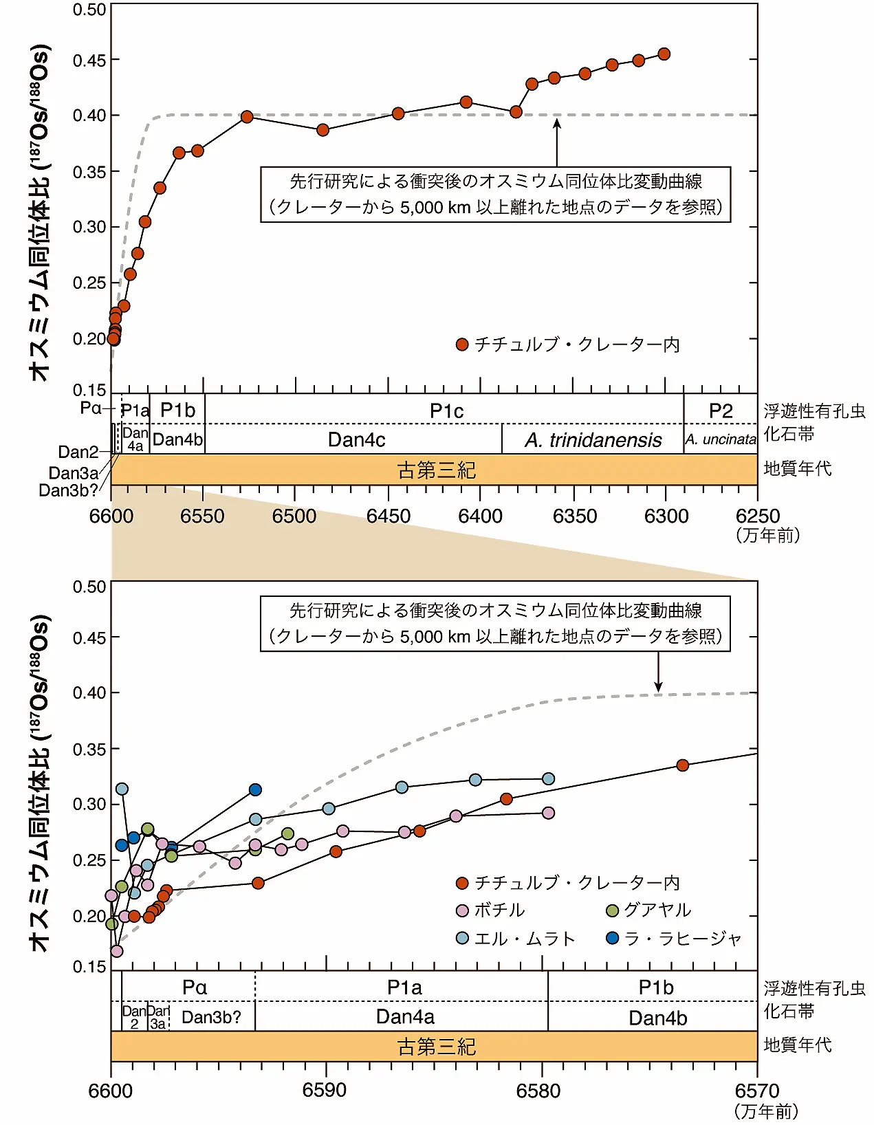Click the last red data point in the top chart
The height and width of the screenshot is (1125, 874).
coord(664,54)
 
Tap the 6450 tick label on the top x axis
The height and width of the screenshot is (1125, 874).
coord(389,516)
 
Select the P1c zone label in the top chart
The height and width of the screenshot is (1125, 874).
coord(446,411)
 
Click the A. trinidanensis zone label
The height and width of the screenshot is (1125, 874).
coord(593,440)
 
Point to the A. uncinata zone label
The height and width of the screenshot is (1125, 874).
coord(721,440)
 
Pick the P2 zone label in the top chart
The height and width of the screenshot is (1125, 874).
coord(721,411)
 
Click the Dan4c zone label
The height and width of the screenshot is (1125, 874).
coord(356,440)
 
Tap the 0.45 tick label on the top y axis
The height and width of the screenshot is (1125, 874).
coord(90,61)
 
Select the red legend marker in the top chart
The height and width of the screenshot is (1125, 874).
coord(462,345)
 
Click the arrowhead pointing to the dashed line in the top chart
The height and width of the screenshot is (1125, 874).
coord(557,122)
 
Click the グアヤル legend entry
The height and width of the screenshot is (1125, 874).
coord(648,910)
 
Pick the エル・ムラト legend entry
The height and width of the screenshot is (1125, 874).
coord(516,939)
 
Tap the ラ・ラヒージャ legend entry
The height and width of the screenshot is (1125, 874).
coord(674,939)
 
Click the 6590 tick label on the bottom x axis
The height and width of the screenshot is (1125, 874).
coord(325,1091)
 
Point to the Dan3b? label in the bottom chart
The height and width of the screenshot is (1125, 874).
coord(212,1018)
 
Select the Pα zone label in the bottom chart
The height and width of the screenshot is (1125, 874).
coord(195,987)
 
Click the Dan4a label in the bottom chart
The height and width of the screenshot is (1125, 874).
coord(405,1018)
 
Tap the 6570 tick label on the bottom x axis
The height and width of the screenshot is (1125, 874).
coord(757,1091)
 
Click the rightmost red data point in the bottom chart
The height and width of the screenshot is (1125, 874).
coord(682,765)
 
